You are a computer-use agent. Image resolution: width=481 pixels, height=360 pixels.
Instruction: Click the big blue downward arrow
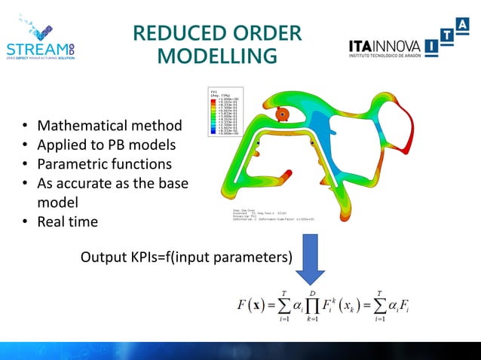[x=315, y=260]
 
